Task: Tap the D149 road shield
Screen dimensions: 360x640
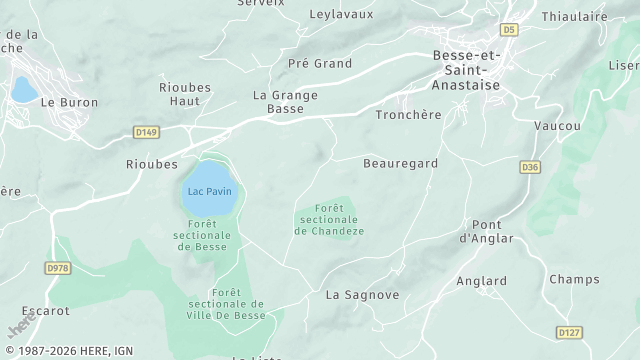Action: [x=146, y=131]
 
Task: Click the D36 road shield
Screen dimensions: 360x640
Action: [x=530, y=166]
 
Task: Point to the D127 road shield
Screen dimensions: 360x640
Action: [x=570, y=332]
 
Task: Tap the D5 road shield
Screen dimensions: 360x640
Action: [x=510, y=31]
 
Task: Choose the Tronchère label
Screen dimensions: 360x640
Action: [x=408, y=115]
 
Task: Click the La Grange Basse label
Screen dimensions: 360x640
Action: [x=285, y=101]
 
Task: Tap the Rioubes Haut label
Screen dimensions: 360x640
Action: [x=186, y=94]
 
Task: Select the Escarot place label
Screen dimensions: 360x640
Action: [x=46, y=311]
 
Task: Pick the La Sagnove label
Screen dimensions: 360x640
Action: [x=363, y=295]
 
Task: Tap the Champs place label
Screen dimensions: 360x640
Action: [x=575, y=279]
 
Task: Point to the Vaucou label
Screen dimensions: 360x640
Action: [x=558, y=126]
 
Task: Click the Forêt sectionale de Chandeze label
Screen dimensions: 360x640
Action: [x=329, y=219]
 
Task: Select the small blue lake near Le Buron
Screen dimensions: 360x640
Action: [x=22, y=90]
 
